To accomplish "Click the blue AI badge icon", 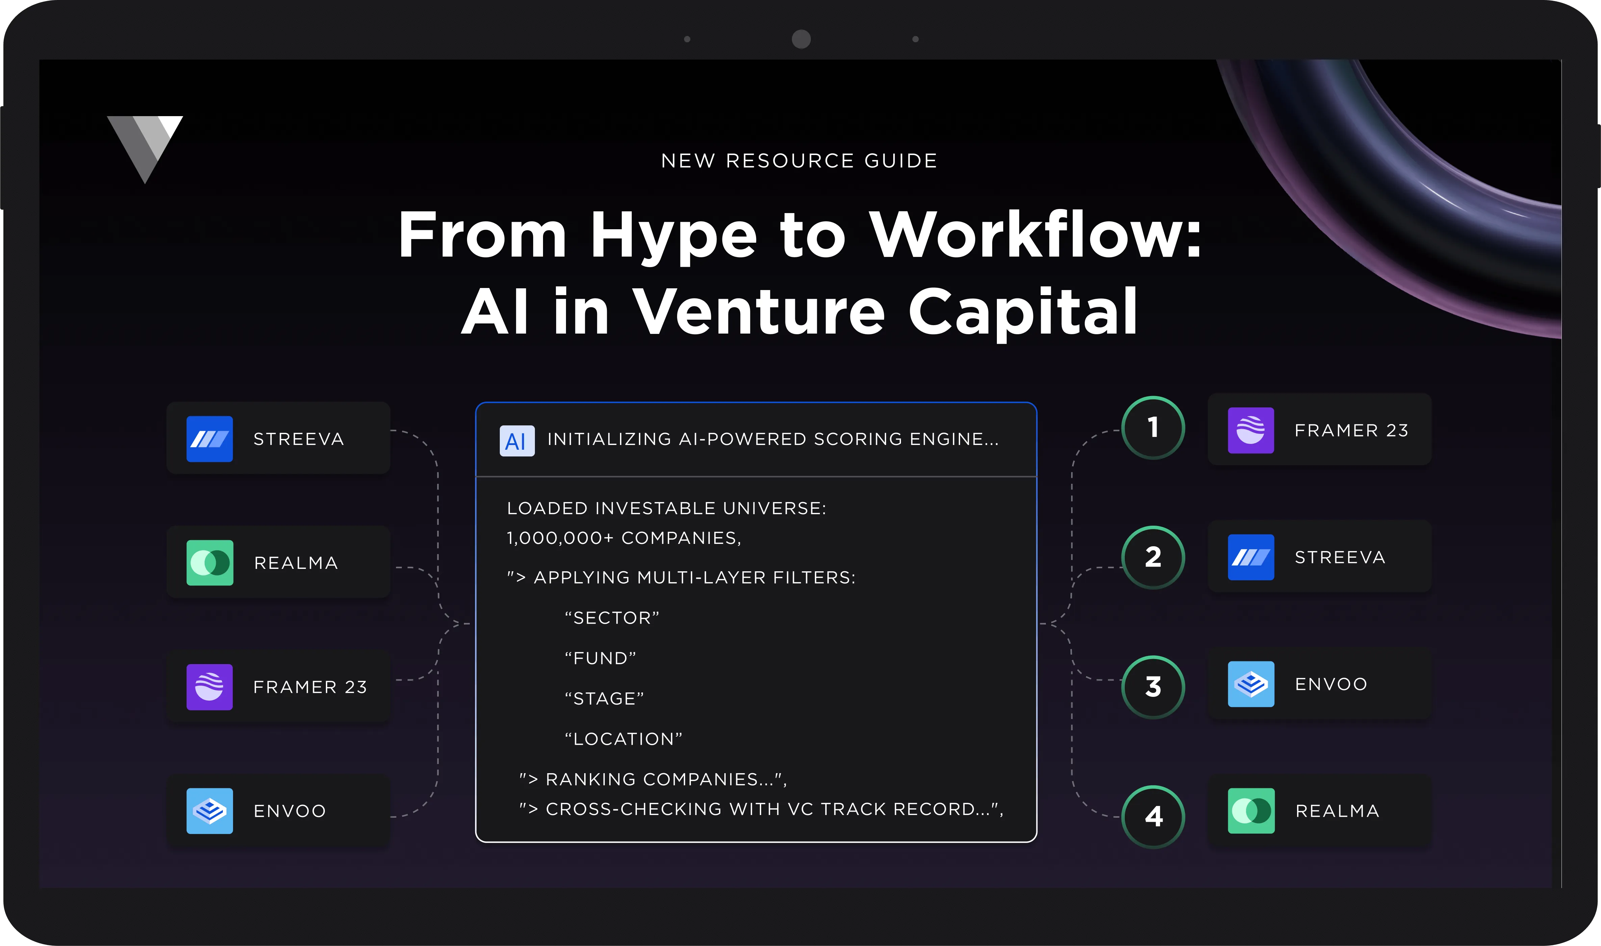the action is pos(516,441).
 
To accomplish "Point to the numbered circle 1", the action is pos(1153,428).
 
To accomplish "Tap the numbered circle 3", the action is pos(1153,687).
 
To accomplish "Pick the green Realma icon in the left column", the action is pos(210,563).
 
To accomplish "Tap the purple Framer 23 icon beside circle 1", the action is pos(1251,430).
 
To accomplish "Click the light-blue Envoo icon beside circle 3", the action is pos(1251,684).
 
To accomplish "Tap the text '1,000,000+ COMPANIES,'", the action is pos(624,538).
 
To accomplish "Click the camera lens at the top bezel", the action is pos(801,39).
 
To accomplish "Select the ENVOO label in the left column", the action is pos(289,811).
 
